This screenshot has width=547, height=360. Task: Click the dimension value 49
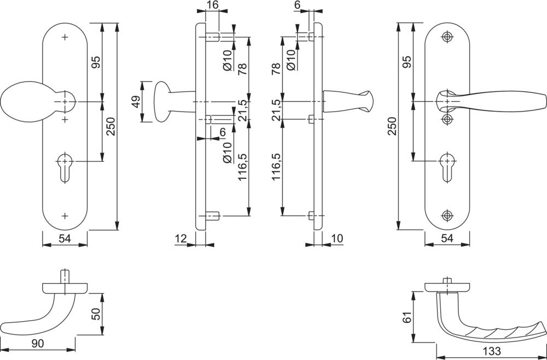point(136,102)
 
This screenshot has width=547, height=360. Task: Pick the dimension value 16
point(212,5)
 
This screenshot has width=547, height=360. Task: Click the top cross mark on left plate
point(65,37)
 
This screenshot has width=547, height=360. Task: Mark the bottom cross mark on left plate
point(65,216)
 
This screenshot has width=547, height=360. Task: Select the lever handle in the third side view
point(347,102)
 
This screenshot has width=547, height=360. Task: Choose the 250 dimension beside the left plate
point(110,127)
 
